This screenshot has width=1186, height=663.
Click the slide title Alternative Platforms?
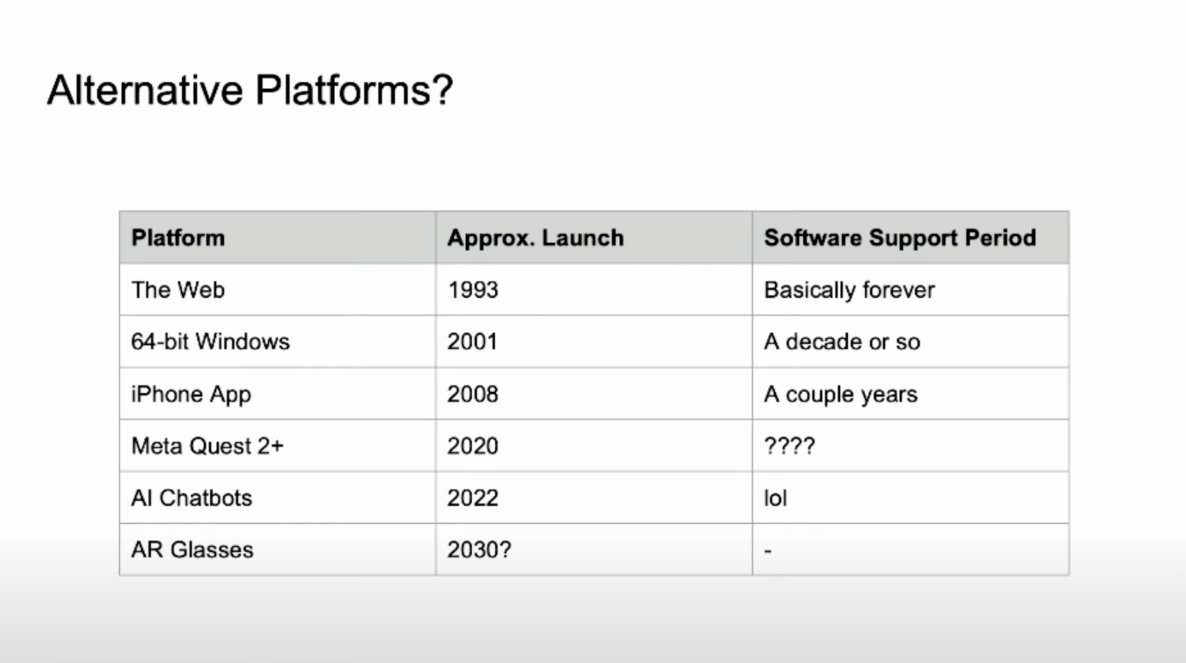tap(250, 90)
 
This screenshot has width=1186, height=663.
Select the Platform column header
tap(178, 238)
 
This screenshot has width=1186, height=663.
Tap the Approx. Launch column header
tap(536, 238)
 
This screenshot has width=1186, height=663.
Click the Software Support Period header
tap(900, 238)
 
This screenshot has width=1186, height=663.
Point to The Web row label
tap(178, 290)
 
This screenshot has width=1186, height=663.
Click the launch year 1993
tap(473, 290)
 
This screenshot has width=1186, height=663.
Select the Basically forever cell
tap(849, 290)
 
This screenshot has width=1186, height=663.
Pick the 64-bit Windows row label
tap(210, 341)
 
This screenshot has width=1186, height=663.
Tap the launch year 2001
tap(472, 341)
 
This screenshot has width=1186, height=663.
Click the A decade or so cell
tap(842, 341)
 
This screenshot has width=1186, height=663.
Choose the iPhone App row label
tap(191, 394)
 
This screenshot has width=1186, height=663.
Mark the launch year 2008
tap(473, 394)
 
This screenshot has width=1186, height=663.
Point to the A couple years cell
tap(840, 394)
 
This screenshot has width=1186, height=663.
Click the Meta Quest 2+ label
tap(207, 446)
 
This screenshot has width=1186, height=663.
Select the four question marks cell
tap(790, 445)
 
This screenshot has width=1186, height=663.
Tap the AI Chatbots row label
tap(192, 498)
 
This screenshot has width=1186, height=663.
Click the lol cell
tap(775, 498)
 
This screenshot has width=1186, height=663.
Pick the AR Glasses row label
tap(192, 550)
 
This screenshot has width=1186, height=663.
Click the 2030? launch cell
tap(479, 550)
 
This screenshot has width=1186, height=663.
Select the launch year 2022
tap(473, 498)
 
